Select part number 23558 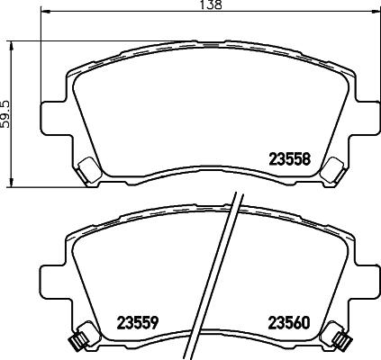tap(290, 157)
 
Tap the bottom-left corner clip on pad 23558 tap(88, 167)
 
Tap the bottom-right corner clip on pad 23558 tap(331, 167)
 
